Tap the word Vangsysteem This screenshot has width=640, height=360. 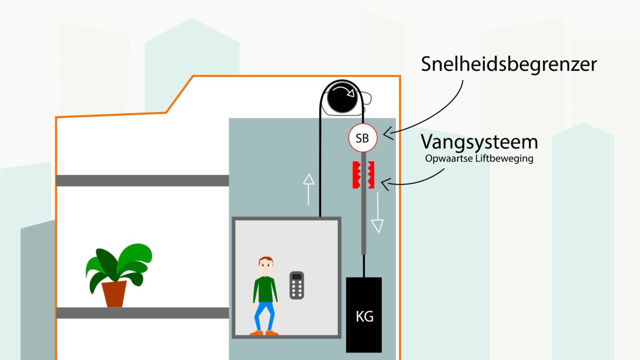coord(479,142)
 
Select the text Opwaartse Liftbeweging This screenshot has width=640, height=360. coord(479,159)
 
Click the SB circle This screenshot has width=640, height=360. coord(363,138)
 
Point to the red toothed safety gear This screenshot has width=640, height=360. coord(363,174)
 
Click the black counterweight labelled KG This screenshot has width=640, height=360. coord(364,315)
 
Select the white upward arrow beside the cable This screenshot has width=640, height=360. coord(308,190)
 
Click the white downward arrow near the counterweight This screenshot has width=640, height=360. coord(378,213)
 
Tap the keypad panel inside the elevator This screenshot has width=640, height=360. coord(297,285)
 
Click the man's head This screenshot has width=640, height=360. coord(266,266)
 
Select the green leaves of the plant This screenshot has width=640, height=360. coord(118,264)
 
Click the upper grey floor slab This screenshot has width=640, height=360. coord(142,180)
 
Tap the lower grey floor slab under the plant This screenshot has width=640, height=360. coord(142,313)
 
